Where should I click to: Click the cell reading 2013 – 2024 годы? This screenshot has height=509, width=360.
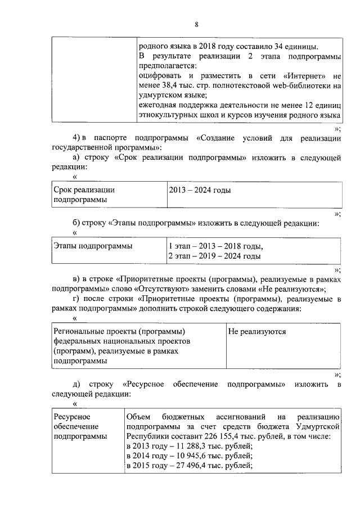(200, 191)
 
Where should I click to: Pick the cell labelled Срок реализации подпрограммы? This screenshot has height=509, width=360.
(84, 195)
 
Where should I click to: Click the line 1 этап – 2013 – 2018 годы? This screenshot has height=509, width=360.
(215, 246)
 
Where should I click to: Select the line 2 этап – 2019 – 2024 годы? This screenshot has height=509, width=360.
(214, 256)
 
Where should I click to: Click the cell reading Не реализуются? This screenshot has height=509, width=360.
(256, 331)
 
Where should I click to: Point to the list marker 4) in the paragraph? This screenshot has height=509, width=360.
(78, 138)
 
